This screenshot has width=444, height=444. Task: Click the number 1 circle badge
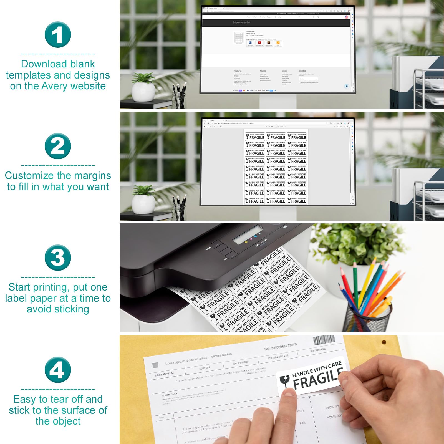(58, 35)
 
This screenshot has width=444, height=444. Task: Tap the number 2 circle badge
(58, 146)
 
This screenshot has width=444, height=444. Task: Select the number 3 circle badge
(58, 258)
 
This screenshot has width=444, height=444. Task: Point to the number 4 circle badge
(58, 370)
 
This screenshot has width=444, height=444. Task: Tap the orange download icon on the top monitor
(278, 43)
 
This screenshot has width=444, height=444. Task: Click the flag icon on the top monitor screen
(346, 17)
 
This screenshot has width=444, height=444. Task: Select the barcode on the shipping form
(324, 340)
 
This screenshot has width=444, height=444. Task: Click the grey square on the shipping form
(155, 365)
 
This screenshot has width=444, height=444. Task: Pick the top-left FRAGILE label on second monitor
(255, 136)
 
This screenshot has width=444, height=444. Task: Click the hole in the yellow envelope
(384, 342)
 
